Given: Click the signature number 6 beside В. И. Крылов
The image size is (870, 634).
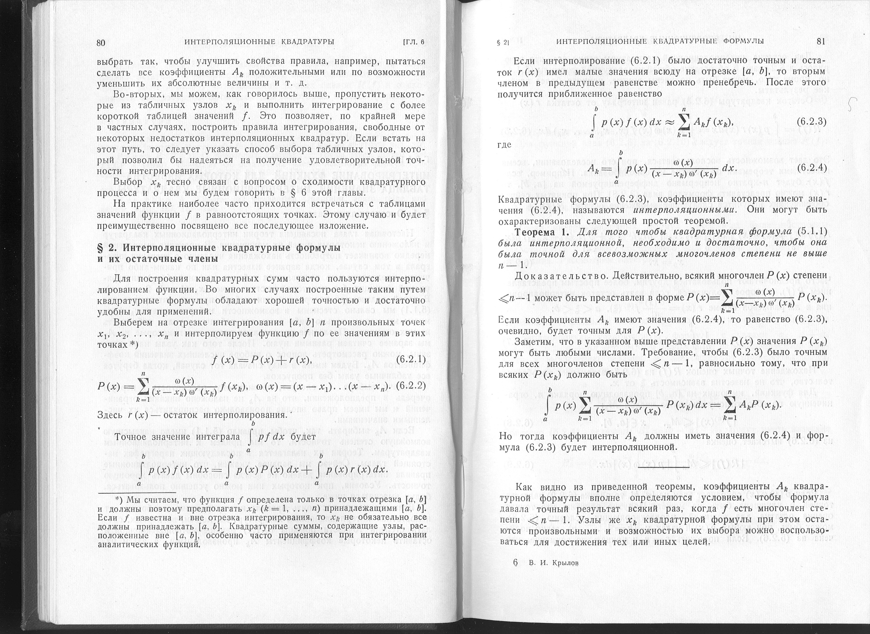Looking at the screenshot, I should coord(515,563).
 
